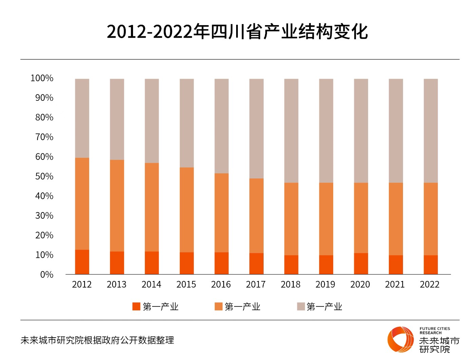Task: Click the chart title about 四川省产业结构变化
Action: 237,32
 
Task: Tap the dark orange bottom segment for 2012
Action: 82,262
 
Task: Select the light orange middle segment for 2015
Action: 187,210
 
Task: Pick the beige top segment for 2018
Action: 291,131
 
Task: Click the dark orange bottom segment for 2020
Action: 361,264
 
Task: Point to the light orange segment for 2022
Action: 431,219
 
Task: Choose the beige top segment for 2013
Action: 117,119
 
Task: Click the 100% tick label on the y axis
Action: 42,78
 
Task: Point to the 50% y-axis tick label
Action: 44,176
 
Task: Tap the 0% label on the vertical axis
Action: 46,274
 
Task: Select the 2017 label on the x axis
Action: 255,284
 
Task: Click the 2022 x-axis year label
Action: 430,284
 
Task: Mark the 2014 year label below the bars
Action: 151,284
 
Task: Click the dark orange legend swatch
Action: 136,306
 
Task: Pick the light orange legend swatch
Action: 218,306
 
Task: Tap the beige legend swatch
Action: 301,306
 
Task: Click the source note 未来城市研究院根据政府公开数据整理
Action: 97,340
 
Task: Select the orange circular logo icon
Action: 401,339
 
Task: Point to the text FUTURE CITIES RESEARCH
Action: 435,330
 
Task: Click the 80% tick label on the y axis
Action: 44,117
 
